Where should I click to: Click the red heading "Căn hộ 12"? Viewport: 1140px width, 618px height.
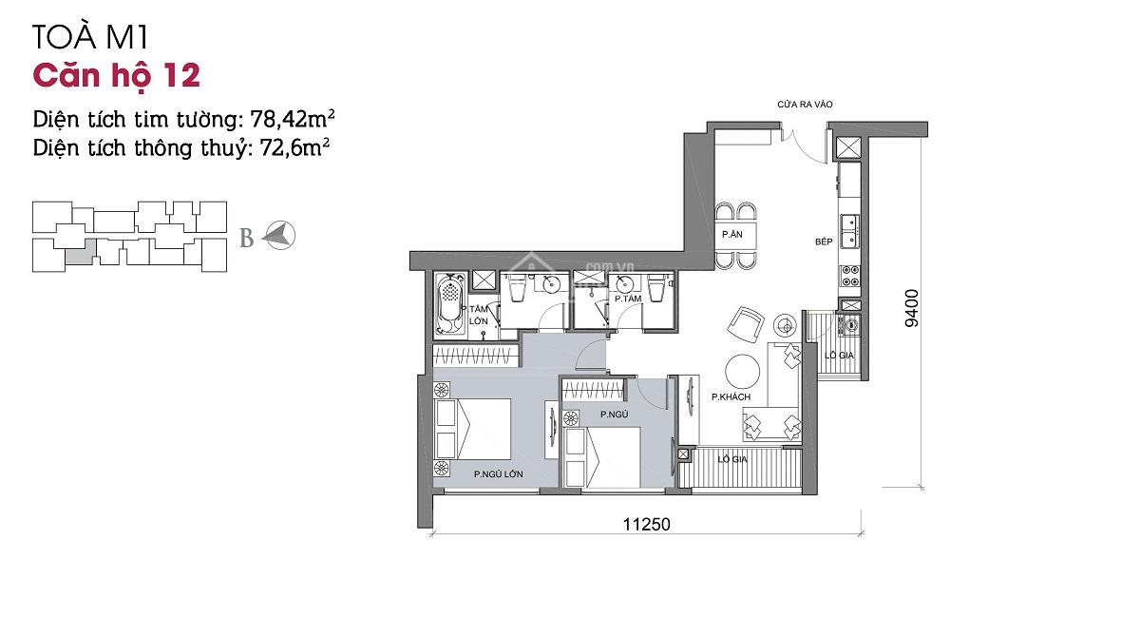pos(117,75)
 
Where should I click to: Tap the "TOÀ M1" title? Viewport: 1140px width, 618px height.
pos(90,37)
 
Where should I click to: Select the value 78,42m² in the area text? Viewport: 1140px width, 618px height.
pos(293,119)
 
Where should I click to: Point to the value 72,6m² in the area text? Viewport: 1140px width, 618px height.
pos(294,147)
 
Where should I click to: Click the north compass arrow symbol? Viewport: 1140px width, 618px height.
pos(279,236)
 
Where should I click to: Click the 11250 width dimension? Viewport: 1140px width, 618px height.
pos(646,524)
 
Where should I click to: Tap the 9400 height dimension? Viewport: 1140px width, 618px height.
pos(912,308)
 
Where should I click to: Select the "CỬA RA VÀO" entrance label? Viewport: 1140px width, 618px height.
pos(805,105)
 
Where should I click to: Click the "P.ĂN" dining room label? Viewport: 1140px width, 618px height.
pos(731,234)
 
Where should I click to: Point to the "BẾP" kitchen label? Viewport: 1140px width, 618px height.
pos(824,241)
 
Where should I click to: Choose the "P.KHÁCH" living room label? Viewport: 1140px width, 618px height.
pos(731,396)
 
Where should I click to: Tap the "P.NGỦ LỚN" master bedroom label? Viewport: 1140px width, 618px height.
pos(498,473)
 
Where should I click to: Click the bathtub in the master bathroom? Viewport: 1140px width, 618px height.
pos(450,305)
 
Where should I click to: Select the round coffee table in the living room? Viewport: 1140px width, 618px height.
pos(742,372)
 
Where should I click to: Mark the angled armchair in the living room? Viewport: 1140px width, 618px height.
pos(746,325)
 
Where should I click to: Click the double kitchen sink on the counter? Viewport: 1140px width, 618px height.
pos(850,231)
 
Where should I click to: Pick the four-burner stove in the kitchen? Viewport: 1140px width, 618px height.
pos(850,276)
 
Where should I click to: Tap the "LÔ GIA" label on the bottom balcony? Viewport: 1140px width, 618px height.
pos(732,459)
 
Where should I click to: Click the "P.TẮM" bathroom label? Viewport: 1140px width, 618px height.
pos(628,299)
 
